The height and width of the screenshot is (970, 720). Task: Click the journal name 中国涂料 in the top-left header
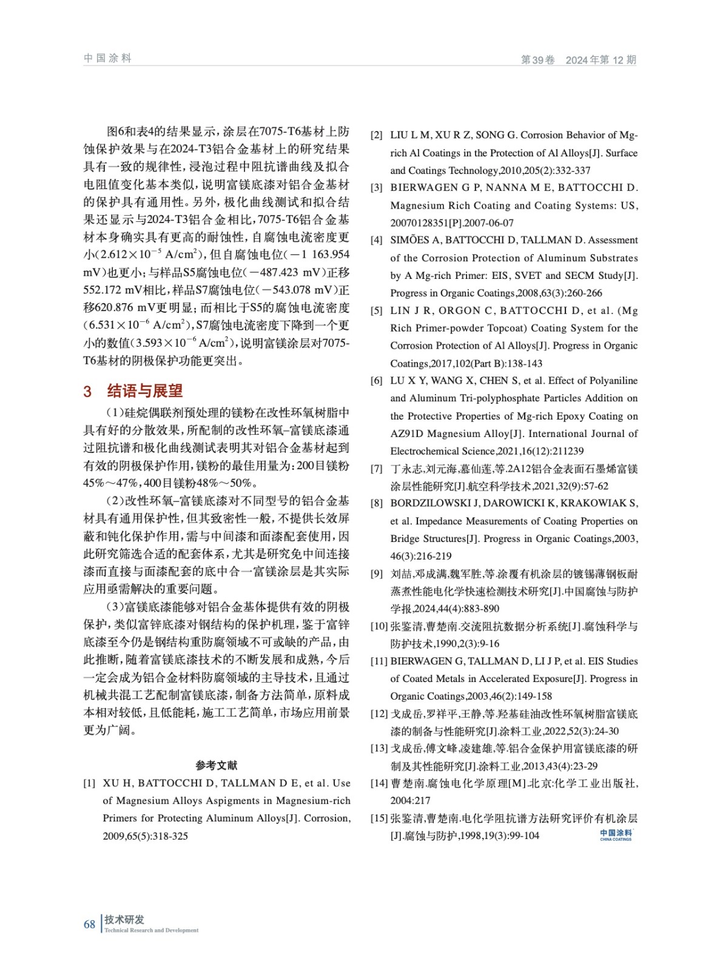click(107, 58)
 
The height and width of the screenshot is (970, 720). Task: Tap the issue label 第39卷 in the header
click(537, 60)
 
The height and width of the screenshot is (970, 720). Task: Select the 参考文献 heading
click(217, 765)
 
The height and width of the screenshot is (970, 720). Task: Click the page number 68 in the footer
click(89, 925)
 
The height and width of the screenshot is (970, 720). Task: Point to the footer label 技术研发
click(124, 920)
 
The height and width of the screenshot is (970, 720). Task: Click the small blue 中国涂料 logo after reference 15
click(616, 835)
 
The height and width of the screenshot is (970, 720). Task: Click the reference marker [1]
click(89, 783)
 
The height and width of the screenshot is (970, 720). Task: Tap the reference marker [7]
click(377, 469)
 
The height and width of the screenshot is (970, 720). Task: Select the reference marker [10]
click(379, 626)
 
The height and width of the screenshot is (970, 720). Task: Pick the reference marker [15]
click(379, 818)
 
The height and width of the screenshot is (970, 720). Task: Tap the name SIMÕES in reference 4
click(409, 240)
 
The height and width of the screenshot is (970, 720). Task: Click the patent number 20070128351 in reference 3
click(419, 222)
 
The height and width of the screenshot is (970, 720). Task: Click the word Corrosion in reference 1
click(327, 818)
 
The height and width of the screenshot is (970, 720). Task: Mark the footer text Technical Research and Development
click(151, 931)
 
